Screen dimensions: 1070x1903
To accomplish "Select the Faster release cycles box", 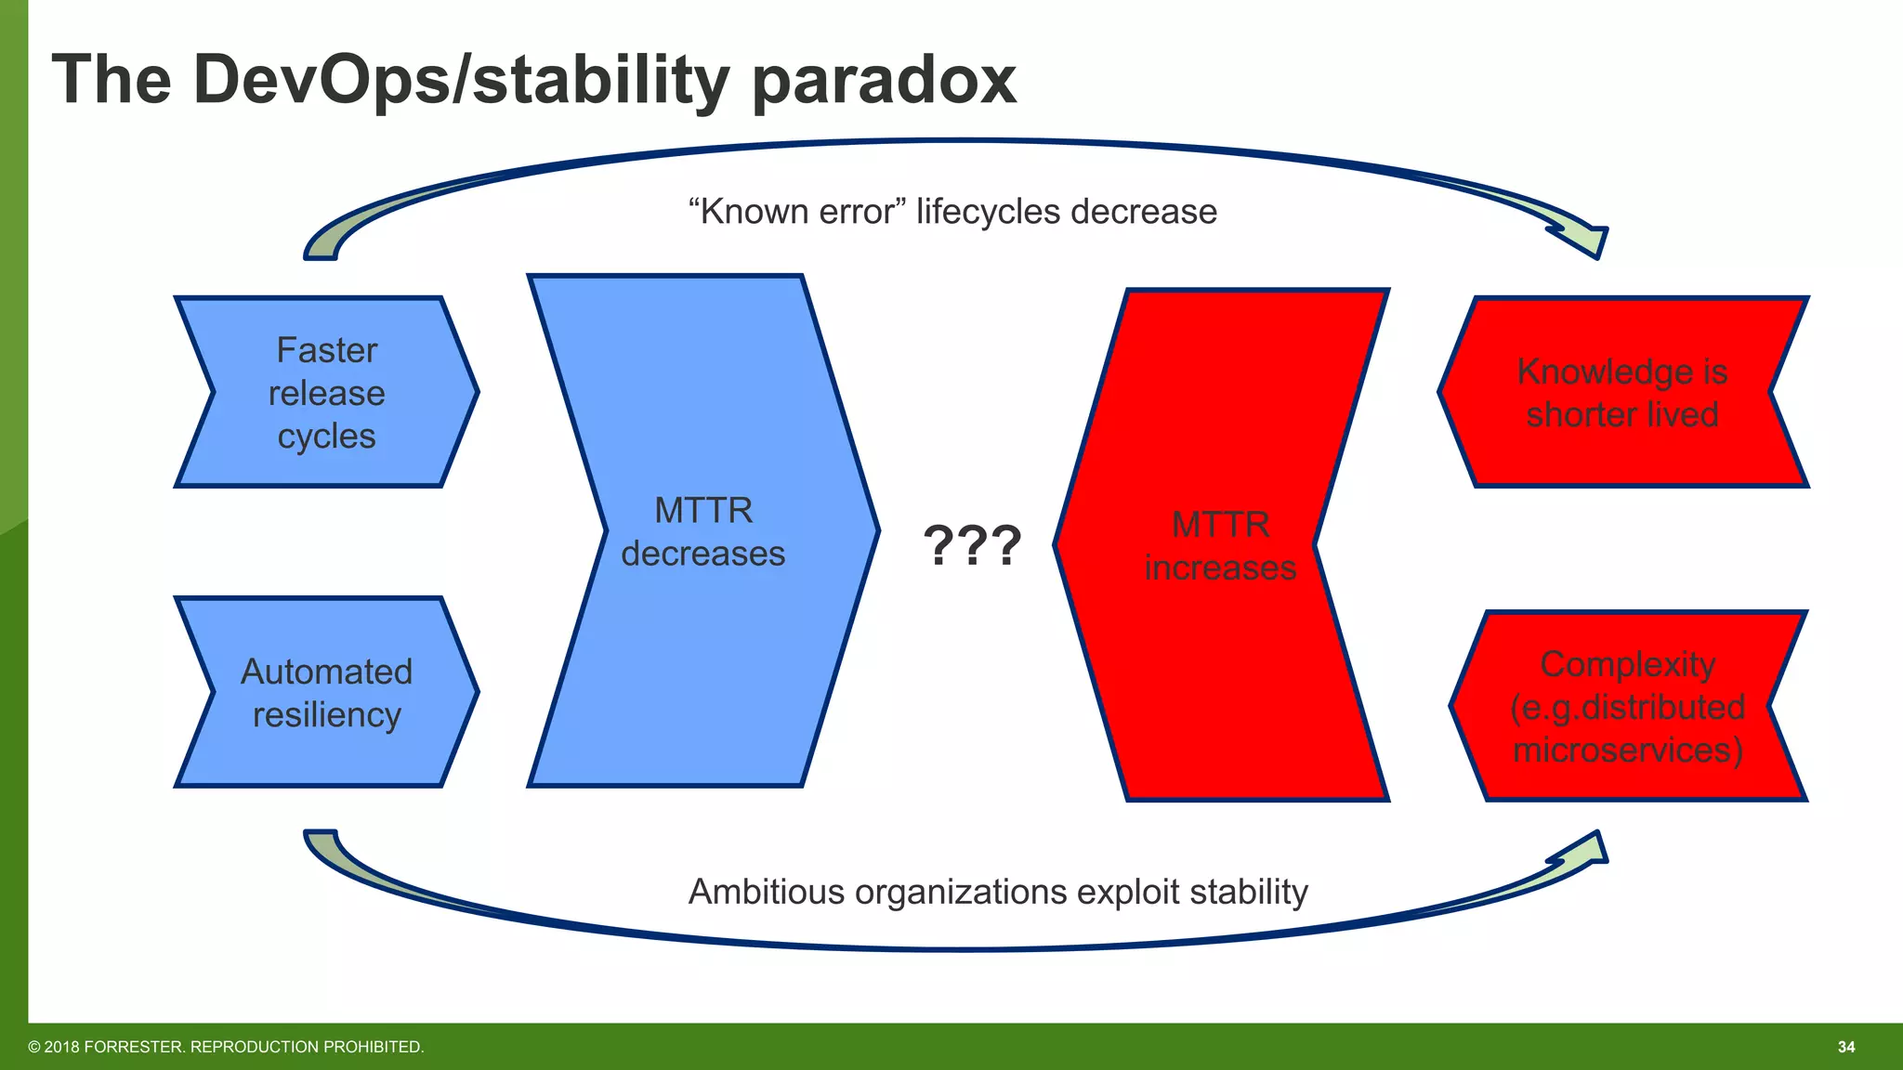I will [326, 392].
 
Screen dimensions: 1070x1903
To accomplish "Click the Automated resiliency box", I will [326, 693].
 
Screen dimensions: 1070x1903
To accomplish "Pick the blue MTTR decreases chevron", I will [702, 531].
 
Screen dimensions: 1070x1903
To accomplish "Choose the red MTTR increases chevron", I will [1219, 546].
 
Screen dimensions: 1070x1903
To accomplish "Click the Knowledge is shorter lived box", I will [1621, 392].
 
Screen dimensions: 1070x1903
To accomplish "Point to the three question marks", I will [972, 546].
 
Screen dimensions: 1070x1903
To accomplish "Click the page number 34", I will [1845, 1047].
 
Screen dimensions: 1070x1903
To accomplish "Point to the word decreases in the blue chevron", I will [702, 555].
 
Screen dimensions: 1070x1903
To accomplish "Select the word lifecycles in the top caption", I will [988, 212].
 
